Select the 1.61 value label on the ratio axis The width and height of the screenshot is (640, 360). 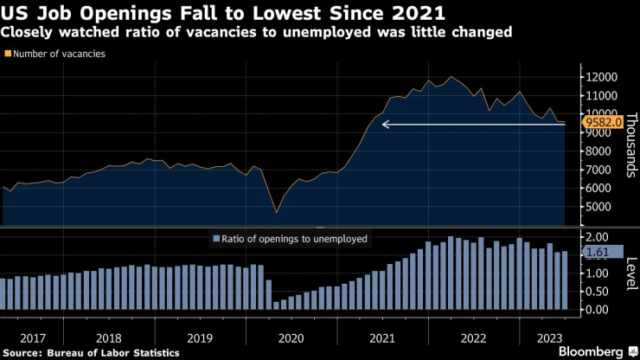tap(598, 252)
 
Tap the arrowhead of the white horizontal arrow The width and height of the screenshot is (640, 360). tap(386, 125)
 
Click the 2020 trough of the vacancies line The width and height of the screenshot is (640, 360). tap(276, 212)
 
